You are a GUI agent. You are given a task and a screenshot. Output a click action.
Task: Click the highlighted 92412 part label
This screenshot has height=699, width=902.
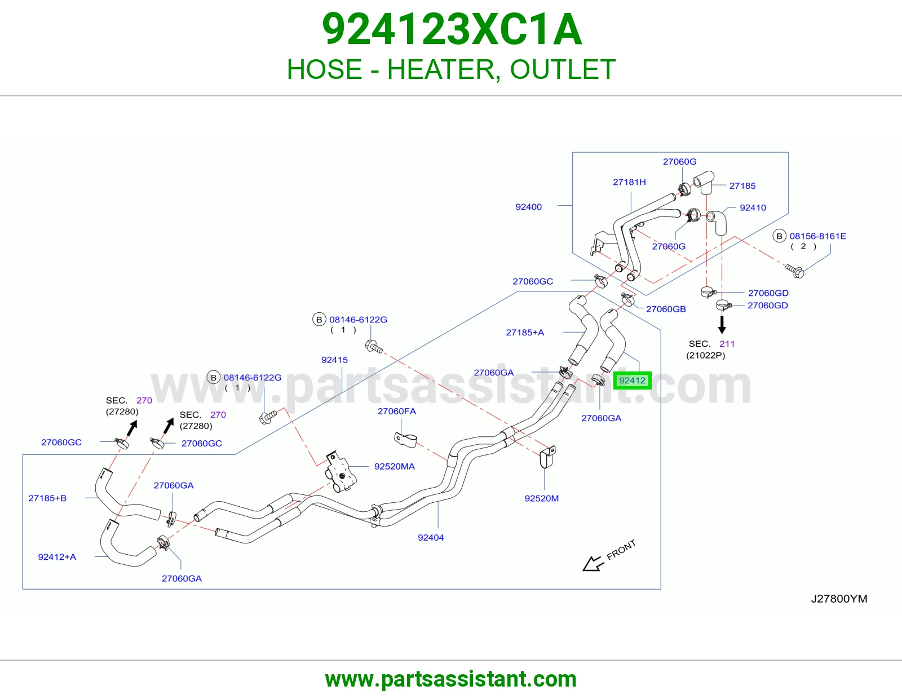coord(632,381)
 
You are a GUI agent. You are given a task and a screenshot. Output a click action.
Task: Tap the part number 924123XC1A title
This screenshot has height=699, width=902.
coord(452,29)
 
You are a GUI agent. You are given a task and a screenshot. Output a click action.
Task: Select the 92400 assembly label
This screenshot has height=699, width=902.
coord(528,207)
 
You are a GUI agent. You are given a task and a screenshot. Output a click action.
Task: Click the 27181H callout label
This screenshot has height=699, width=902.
coord(629,182)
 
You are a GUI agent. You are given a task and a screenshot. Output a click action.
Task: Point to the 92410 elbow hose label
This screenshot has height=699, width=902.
coord(753,207)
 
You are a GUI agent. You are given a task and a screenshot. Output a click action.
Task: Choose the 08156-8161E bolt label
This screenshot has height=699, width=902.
coord(818,236)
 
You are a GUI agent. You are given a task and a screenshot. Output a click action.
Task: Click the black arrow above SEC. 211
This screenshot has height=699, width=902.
coord(722,325)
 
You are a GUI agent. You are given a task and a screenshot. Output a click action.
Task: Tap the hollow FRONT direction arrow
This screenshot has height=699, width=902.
coord(593,563)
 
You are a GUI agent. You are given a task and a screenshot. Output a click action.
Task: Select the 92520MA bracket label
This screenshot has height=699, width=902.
coord(394,467)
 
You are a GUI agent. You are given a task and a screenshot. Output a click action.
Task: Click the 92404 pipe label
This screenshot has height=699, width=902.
coord(431,538)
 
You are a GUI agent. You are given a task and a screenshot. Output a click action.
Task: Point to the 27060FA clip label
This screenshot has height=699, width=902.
coord(396,411)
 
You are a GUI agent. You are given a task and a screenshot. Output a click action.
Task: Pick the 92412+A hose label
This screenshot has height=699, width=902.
coord(57,557)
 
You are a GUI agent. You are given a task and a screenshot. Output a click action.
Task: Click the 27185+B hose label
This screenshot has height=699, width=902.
coord(47,498)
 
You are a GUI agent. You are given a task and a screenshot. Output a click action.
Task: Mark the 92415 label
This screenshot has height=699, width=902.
coord(334,360)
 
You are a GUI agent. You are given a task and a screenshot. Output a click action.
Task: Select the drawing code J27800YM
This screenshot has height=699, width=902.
coord(839,599)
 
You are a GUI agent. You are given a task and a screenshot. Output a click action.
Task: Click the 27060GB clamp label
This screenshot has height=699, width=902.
coord(666,309)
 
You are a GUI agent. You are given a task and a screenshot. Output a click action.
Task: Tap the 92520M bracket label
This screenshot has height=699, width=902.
coord(542,498)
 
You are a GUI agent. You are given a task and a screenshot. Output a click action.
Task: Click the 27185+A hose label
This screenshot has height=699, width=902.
coord(525,333)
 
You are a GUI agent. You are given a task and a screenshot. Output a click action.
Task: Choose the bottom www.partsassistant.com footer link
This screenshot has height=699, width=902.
coord(451,679)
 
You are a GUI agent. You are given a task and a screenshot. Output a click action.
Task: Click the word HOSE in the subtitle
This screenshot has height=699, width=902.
coord(324,69)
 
